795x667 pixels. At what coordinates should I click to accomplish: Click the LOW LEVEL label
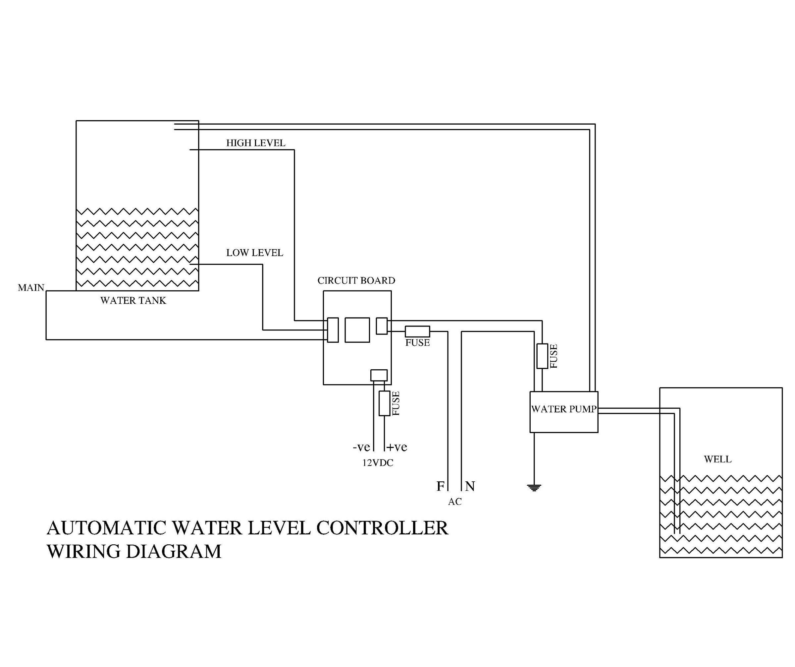click(x=254, y=253)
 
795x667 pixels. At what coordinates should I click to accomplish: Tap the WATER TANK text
click(x=133, y=300)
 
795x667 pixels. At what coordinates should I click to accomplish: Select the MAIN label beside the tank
click(x=31, y=287)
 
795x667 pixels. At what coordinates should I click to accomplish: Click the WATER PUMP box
click(x=563, y=412)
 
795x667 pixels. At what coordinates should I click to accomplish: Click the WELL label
click(x=717, y=459)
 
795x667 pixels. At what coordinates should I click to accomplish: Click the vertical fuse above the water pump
click(x=542, y=356)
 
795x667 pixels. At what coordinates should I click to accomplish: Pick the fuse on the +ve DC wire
click(x=384, y=404)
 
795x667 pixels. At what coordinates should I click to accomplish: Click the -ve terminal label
click(x=361, y=447)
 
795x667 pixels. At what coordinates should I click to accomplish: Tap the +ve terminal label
click(x=397, y=447)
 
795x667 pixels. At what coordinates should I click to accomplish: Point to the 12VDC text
click(x=378, y=463)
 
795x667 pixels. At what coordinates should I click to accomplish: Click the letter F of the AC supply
click(x=440, y=486)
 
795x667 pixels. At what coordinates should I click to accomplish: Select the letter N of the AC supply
click(x=470, y=486)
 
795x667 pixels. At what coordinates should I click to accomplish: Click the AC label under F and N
click(x=455, y=502)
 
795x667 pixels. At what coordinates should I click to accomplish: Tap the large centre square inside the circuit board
click(x=357, y=330)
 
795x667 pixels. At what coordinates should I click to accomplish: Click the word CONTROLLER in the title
click(x=382, y=528)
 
